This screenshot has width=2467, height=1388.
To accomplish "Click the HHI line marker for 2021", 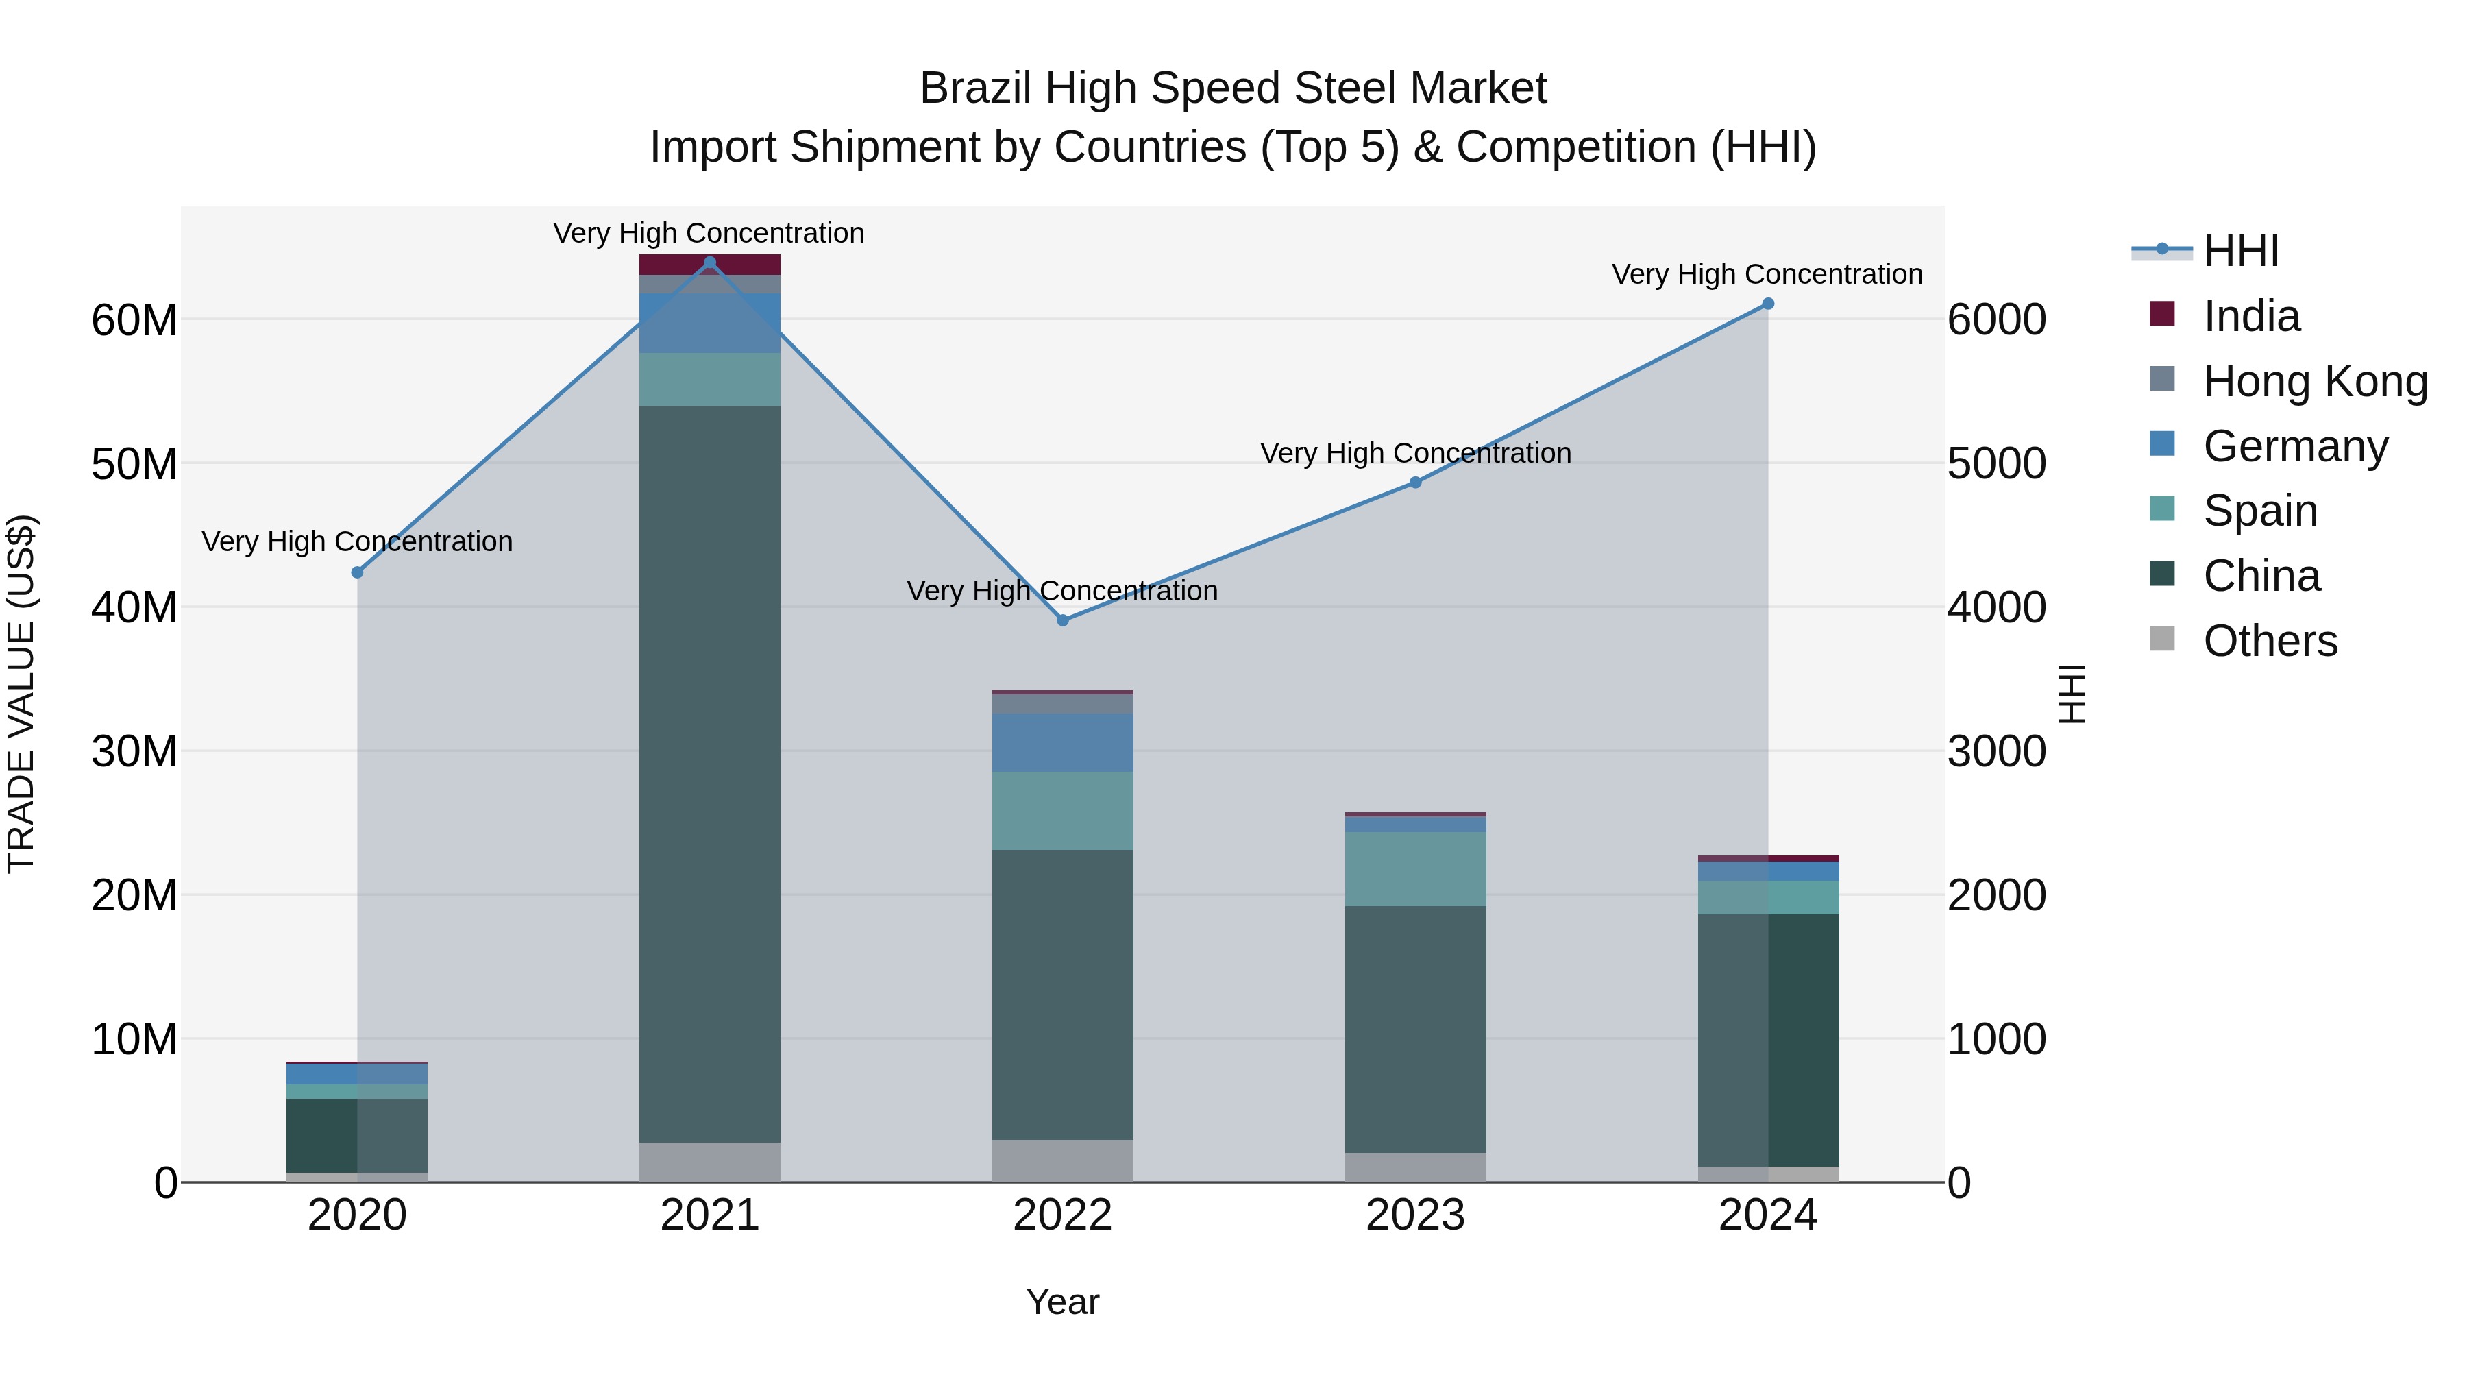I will pyautogui.click(x=710, y=263).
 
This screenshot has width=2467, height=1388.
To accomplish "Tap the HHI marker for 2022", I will pyautogui.click(x=1062, y=621).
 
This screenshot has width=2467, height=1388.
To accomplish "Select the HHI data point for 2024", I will pyautogui.click(x=1768, y=304).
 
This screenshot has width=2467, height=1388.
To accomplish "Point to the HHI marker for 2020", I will pyautogui.click(x=357, y=573).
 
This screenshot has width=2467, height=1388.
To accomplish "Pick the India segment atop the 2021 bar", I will pyautogui.click(x=710, y=265).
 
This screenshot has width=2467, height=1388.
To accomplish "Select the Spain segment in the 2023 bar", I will pyautogui.click(x=1416, y=869).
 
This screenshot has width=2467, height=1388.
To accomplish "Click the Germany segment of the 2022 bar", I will pyautogui.click(x=1062, y=742).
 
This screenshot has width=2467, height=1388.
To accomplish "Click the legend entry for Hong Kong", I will pyautogui.click(x=2315, y=381).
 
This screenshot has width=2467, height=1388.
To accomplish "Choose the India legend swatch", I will pyautogui.click(x=2163, y=314).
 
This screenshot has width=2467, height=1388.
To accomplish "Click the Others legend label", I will pyautogui.click(x=2270, y=641).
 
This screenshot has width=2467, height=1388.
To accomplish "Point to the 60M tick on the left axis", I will pyautogui.click(x=134, y=320).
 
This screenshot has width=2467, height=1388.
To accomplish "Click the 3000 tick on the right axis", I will pyautogui.click(x=1997, y=752).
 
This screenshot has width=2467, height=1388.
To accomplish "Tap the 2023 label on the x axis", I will pyautogui.click(x=1416, y=1215).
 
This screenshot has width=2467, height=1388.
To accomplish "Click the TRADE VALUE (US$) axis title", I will pyautogui.click(x=21, y=694).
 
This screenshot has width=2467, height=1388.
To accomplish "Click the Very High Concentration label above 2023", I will pyautogui.click(x=1416, y=453).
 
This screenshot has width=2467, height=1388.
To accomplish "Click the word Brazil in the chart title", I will pyautogui.click(x=976, y=89).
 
